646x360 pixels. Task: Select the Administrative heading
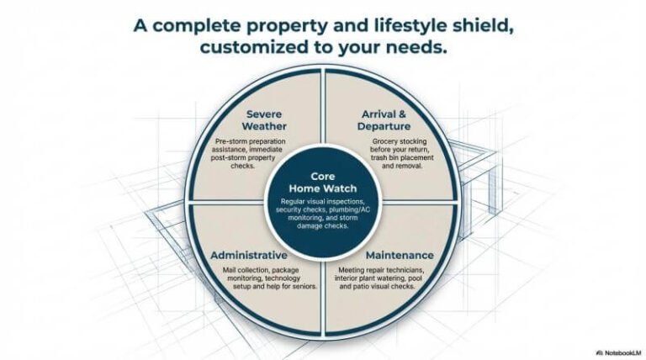point(249,254)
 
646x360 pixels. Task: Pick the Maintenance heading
point(400,254)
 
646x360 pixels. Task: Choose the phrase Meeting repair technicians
point(400,269)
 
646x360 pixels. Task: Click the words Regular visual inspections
point(322,202)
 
